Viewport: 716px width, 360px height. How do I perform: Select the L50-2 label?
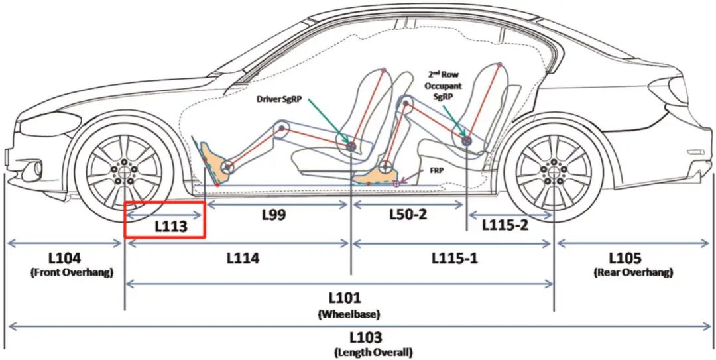(x=408, y=214)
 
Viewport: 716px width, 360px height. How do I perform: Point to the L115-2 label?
(x=505, y=225)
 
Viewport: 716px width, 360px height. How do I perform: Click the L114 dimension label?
(x=243, y=258)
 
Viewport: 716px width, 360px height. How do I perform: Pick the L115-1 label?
(x=455, y=258)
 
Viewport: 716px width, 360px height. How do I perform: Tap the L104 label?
(x=65, y=258)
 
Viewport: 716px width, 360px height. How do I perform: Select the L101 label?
(x=345, y=298)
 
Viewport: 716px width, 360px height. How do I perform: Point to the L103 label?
(x=366, y=339)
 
